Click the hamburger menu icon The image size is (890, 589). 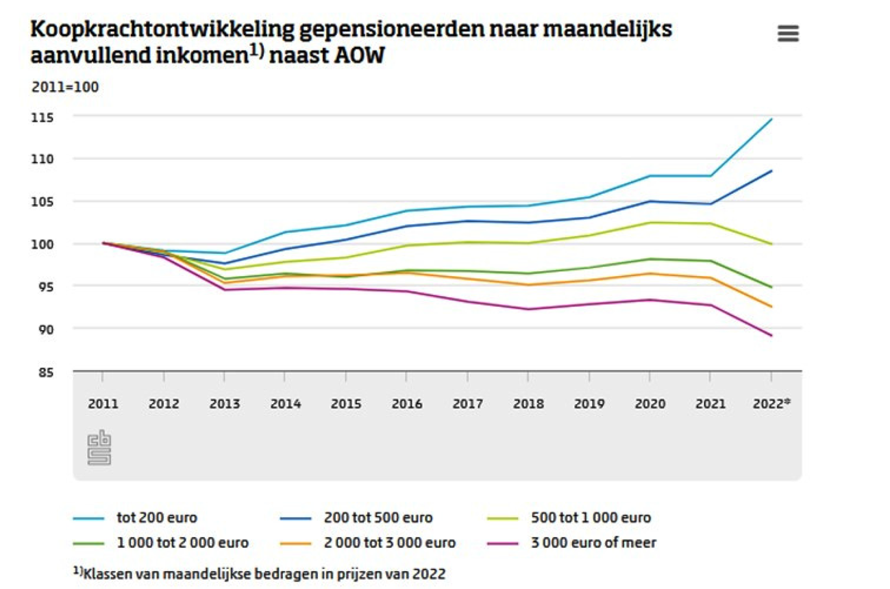pos(788,34)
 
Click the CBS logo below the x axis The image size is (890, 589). pos(99,449)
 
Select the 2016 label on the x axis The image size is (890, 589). pos(406,404)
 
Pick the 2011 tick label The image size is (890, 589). pos(103,404)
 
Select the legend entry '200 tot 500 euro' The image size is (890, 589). pos(378,518)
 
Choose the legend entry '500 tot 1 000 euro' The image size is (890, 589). pos(590,518)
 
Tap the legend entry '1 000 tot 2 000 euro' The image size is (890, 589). pos(182,543)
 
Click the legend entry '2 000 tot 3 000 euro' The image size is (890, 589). pos(389,543)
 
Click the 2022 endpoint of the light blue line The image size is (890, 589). pos(771,119)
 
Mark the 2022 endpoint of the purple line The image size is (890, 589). pos(771,336)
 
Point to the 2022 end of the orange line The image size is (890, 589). pos(771,307)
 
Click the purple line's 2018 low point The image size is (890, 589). pos(528,309)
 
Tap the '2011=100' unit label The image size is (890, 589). pos(65,87)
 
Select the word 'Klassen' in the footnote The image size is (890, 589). pos(106,573)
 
